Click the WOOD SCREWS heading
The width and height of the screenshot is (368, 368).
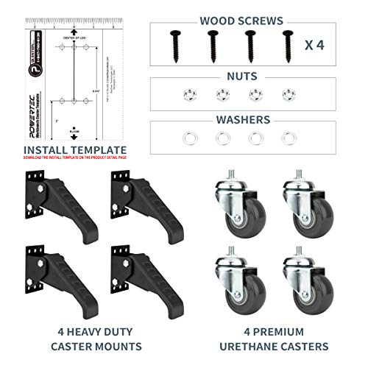point(252,11)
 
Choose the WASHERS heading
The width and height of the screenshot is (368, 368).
point(252,119)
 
